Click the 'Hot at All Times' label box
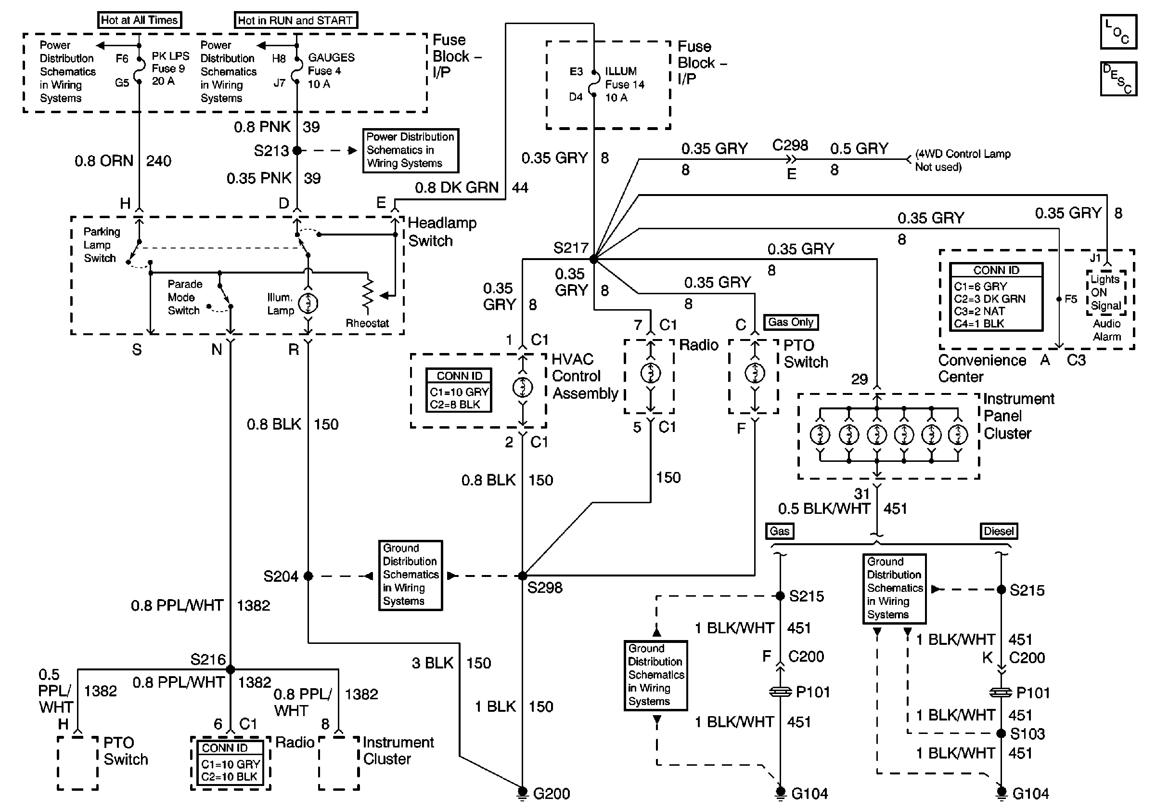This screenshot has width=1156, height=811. [139, 20]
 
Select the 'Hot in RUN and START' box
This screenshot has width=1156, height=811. [295, 20]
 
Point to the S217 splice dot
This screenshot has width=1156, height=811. [593, 260]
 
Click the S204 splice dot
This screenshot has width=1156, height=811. [308, 576]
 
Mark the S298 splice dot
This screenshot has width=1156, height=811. [523, 576]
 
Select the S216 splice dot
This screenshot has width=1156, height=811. [230, 669]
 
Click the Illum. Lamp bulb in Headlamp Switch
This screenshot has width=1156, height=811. [308, 303]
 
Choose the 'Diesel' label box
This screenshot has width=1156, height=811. [999, 531]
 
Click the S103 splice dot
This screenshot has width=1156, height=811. [1002, 733]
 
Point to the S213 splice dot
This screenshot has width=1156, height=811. [297, 150]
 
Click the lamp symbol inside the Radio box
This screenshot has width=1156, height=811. [651, 373]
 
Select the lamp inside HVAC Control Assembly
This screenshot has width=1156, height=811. [523, 387]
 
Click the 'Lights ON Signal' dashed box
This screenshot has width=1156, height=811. [1105, 293]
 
